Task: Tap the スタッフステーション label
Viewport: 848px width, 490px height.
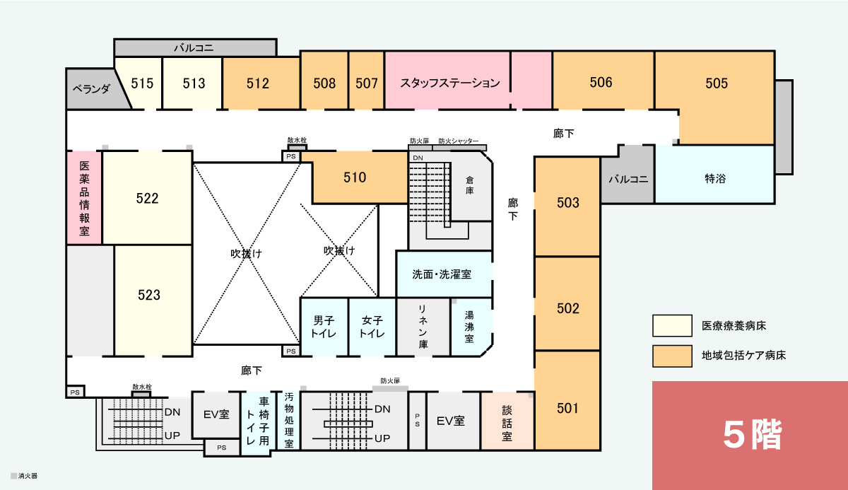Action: [x=450, y=83]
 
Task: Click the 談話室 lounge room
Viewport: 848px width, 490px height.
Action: [x=507, y=421]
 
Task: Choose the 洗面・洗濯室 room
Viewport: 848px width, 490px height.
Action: [x=444, y=274]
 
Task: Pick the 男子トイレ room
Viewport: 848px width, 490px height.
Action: [x=324, y=327]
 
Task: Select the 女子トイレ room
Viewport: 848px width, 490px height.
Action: [x=372, y=327]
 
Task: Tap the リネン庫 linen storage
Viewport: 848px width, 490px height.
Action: [x=423, y=327]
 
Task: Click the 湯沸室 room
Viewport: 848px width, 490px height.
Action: [x=471, y=327]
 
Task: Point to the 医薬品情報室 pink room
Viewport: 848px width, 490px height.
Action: [x=84, y=198]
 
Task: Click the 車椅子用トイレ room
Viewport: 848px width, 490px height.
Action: [x=258, y=422]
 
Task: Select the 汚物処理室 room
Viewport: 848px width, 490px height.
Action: [x=289, y=420]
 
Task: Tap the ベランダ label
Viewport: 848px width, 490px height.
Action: [x=91, y=89]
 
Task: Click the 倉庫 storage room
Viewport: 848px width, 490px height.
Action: [x=470, y=185]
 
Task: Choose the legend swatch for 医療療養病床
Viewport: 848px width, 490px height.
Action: [x=672, y=326]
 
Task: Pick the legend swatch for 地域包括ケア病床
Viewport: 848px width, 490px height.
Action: [x=672, y=356]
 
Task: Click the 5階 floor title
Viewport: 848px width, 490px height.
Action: [x=753, y=435]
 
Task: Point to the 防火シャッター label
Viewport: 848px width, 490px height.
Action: [x=459, y=141]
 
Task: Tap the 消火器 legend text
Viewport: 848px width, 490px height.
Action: [x=28, y=476]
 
